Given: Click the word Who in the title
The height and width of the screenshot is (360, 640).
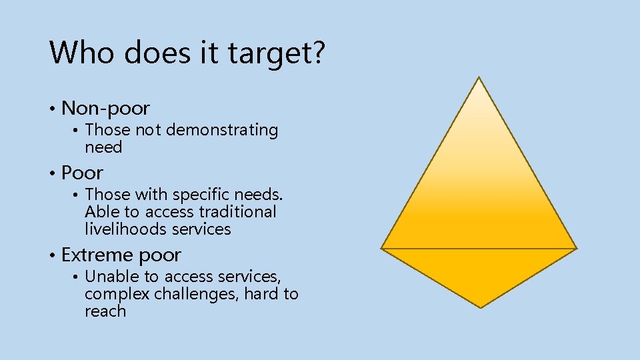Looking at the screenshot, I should point(80,53).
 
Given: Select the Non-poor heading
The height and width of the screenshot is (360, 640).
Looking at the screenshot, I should point(105,108).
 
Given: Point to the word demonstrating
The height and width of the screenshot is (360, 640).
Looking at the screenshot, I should point(221,130).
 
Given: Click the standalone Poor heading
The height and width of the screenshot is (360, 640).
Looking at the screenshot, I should point(82,173).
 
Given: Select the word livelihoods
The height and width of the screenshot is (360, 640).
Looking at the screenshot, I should point(125,229).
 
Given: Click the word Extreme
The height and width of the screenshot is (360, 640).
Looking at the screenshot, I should point(97,255).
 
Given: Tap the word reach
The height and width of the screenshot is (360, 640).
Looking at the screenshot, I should point(105,311).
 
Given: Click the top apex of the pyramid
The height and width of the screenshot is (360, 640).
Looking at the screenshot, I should point(479,77).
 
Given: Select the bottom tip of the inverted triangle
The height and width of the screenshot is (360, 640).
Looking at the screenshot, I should point(481,307).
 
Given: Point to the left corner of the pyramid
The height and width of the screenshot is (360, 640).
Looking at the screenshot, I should point(382,248).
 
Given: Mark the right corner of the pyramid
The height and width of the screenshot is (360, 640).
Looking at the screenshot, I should point(576,248).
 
